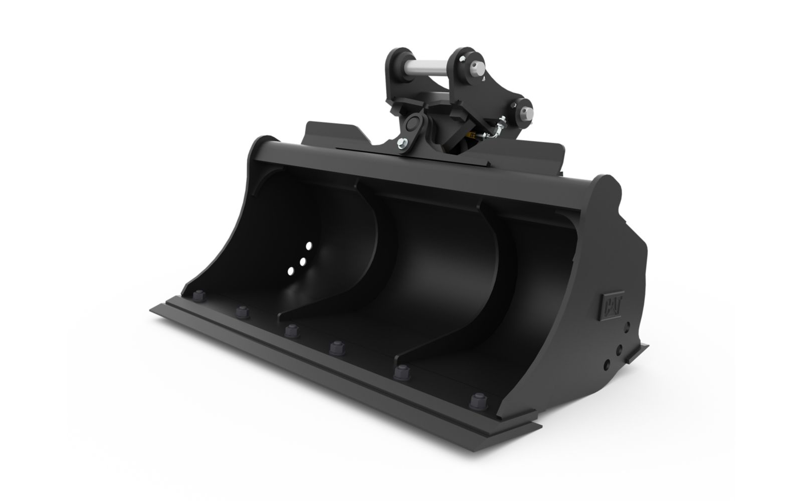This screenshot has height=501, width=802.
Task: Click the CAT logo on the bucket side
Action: click(612, 306)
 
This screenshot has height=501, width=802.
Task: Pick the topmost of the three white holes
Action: click(309, 246)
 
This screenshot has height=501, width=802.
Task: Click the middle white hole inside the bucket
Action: click(303, 262)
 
